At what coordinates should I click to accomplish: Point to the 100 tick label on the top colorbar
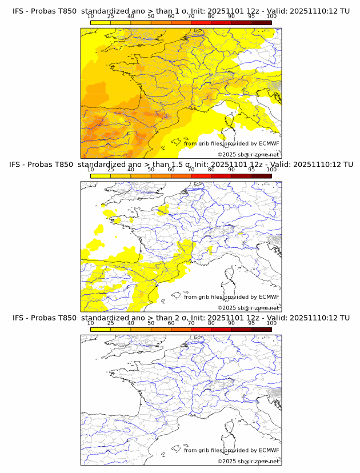(x=271, y=17)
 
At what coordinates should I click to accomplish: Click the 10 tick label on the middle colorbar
(x=90, y=170)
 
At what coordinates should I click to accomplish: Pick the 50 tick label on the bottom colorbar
(x=151, y=323)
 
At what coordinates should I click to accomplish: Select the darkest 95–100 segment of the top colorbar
(x=261, y=22)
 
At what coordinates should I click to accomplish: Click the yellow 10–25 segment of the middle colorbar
(x=101, y=175)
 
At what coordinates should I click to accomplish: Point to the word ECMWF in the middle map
(x=269, y=296)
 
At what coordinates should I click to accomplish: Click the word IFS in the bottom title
(x=18, y=318)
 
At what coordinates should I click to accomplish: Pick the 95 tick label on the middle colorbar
(x=251, y=170)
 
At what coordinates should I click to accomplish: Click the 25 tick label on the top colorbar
(x=111, y=17)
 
